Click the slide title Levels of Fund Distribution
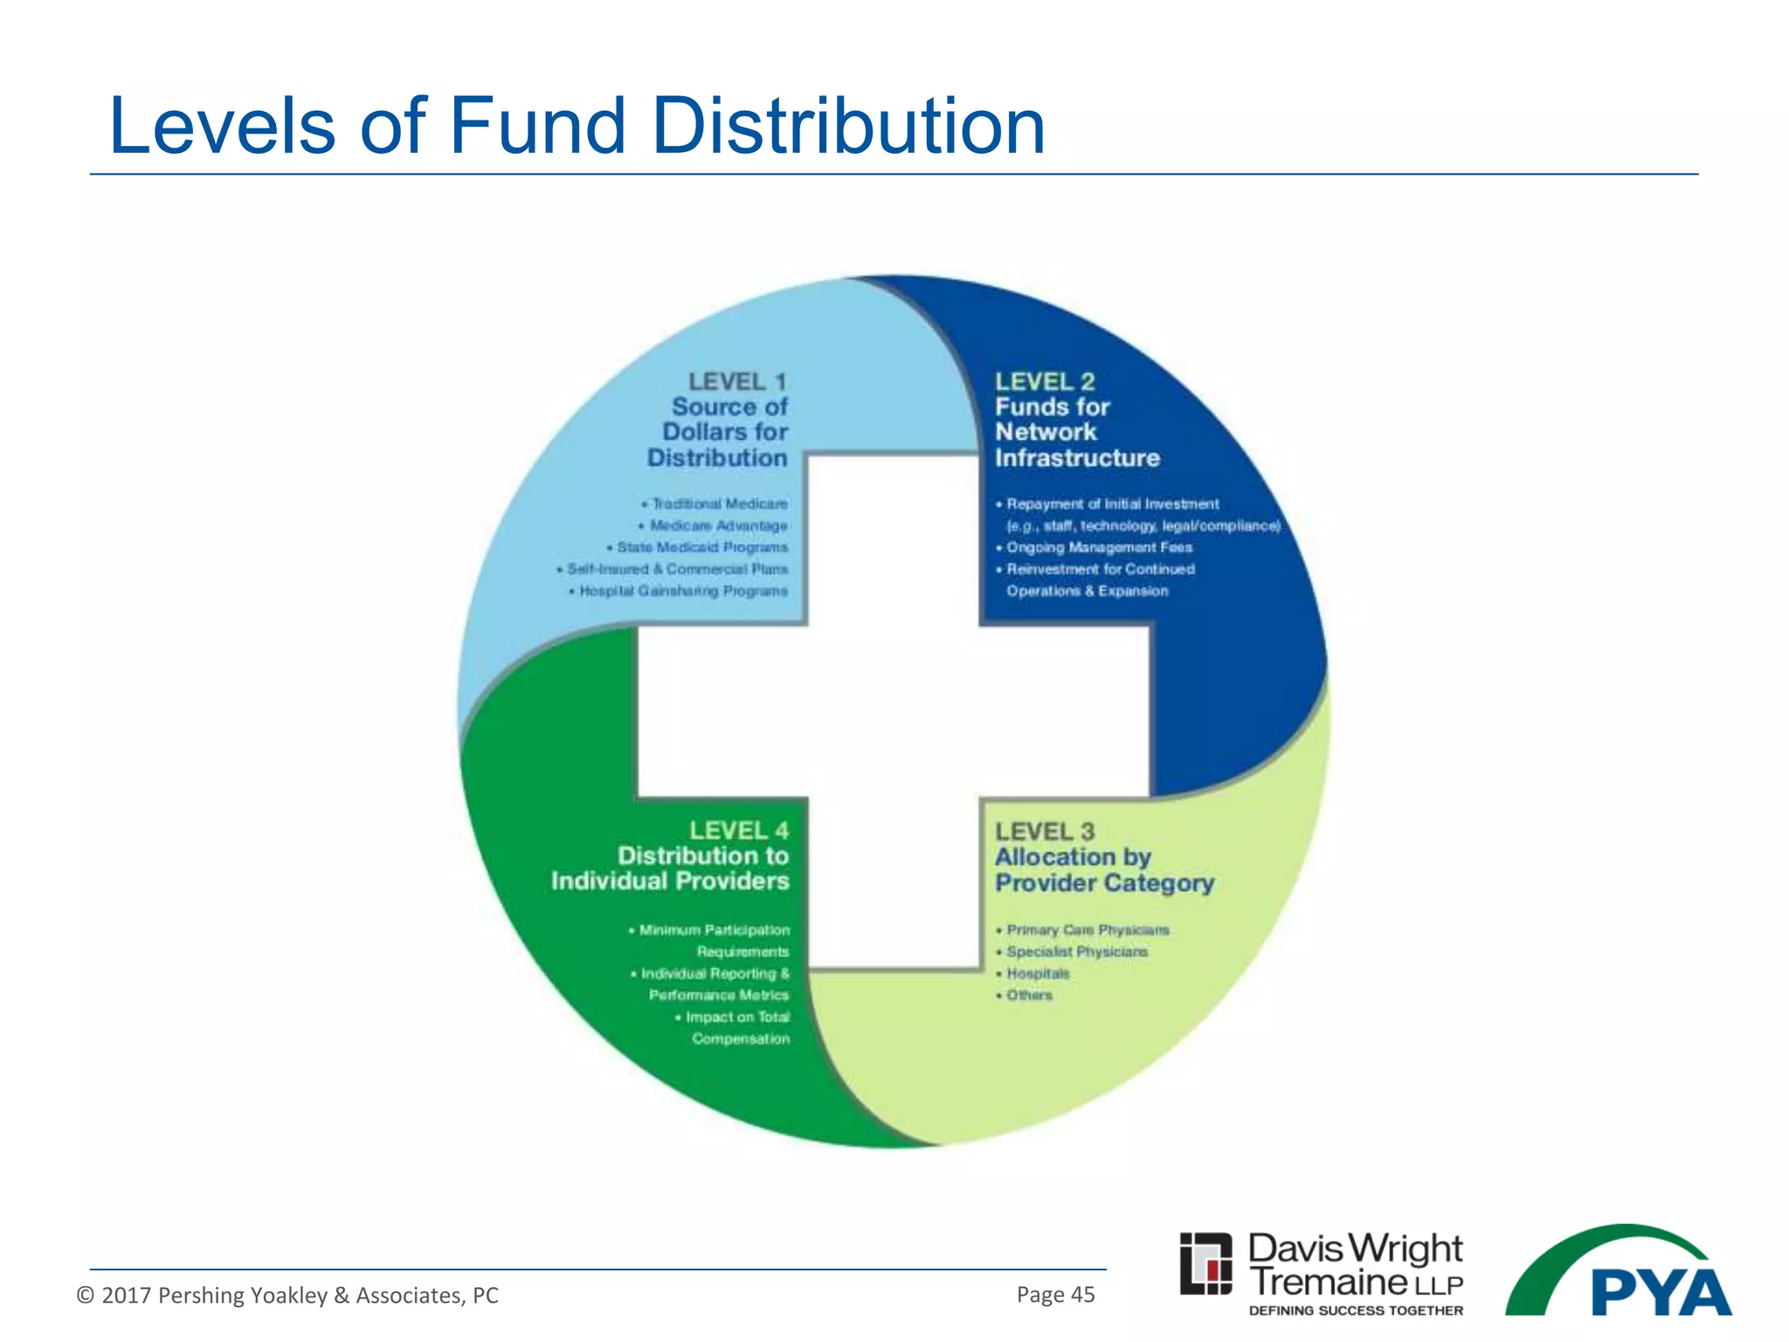577,127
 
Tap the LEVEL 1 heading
737,382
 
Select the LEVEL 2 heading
1045,382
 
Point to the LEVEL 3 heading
1045,831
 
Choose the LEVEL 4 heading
738,830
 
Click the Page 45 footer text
1055,1295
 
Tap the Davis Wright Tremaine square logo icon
1205,1263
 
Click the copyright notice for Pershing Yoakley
287,1295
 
